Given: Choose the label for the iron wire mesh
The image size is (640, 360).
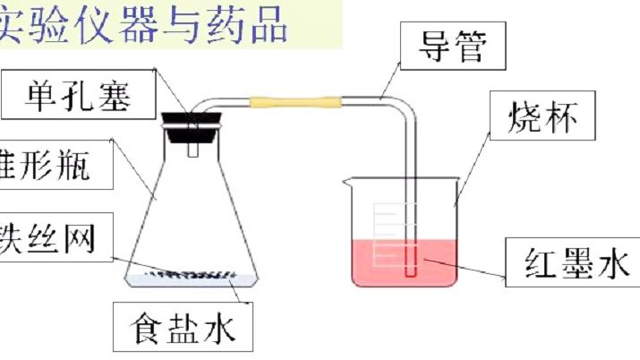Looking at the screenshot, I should coord(49,236).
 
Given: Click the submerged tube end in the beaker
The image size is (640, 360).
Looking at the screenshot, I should coord(410,265).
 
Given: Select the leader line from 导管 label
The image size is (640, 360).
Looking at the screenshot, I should coord(388,84).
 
